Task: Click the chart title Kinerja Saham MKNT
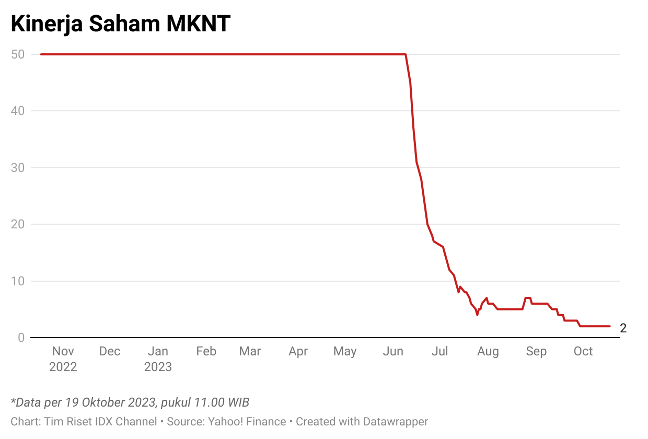coord(121,24)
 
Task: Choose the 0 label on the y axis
coord(21,338)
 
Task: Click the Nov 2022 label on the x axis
coord(63,359)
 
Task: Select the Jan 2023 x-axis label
coord(158,359)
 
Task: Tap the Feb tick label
coord(206,351)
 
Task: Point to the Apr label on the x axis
coord(298,351)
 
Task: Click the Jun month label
coord(393,351)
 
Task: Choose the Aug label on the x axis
coord(488,351)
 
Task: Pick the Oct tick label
coord(583,351)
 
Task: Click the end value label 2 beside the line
coord(623,328)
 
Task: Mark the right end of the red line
coord(609,326)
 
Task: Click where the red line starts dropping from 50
coord(406,54)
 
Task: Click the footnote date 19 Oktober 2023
coord(109,402)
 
